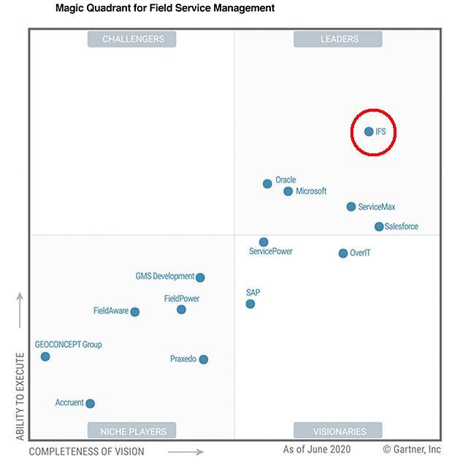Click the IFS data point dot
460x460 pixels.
click(x=369, y=131)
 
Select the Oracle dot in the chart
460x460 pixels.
click(x=267, y=184)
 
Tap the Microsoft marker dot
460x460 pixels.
click(x=288, y=191)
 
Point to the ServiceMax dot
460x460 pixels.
click(x=351, y=207)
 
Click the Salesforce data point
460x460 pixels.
click(x=379, y=226)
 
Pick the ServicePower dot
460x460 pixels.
click(x=264, y=242)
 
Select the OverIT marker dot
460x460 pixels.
click(x=343, y=253)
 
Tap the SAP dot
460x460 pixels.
click(x=250, y=304)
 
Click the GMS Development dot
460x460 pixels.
click(x=200, y=277)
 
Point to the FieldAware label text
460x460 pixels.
click(x=111, y=311)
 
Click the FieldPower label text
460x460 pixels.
click(x=182, y=299)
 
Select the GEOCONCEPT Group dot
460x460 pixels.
click(x=45, y=356)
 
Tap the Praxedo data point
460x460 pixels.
click(x=204, y=359)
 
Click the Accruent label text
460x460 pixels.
click(x=69, y=403)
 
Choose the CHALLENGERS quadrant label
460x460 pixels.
click(x=133, y=39)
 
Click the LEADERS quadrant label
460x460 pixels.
click(x=339, y=39)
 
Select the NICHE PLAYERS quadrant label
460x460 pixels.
click(x=133, y=431)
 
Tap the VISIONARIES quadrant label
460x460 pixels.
click(x=339, y=431)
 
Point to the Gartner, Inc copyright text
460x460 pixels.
click(x=412, y=449)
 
